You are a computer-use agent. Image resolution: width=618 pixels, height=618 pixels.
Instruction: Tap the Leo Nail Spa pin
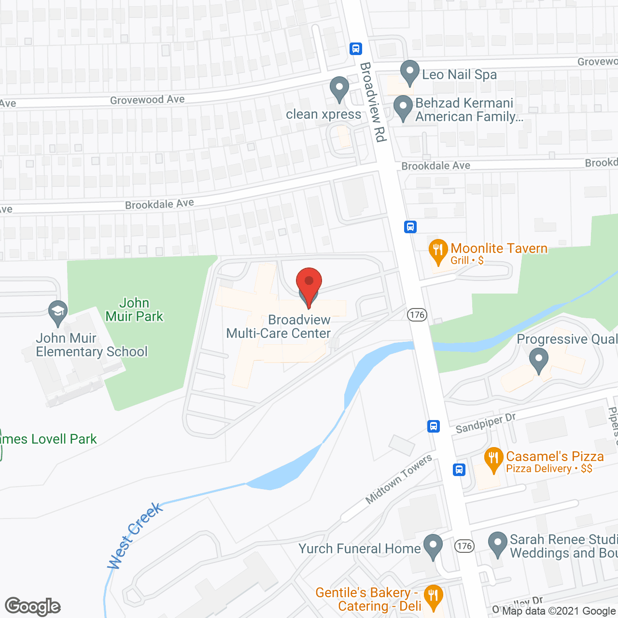pos(410,72)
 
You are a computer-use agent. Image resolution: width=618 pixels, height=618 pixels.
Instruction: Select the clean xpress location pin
pos(339,88)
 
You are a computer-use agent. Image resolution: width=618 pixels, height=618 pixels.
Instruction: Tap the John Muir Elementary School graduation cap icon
pos(58,312)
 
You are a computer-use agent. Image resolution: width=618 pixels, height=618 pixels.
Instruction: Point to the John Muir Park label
pos(134,309)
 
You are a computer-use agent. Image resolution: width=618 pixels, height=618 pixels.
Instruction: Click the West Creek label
pos(135,535)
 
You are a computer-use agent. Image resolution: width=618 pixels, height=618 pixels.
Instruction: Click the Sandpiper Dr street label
pos(485,423)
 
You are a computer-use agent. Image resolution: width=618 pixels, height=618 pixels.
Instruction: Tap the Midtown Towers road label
pos(399,479)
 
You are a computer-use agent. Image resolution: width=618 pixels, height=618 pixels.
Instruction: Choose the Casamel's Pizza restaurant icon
pos(493,459)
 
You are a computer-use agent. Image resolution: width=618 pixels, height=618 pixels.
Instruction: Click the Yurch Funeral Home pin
pos(433,546)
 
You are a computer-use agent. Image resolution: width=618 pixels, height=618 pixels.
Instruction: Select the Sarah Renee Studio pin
pos(497,544)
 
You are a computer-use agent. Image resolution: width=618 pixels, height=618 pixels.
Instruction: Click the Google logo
pos(33,606)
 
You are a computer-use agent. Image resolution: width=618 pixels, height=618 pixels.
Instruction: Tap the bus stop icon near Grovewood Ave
pos(356,48)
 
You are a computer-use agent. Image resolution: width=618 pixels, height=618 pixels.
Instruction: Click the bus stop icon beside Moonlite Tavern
pos(410,226)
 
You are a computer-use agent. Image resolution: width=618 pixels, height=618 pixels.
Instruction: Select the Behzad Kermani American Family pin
pos(403,108)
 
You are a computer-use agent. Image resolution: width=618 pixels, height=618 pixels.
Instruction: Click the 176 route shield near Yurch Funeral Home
pos(464,546)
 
